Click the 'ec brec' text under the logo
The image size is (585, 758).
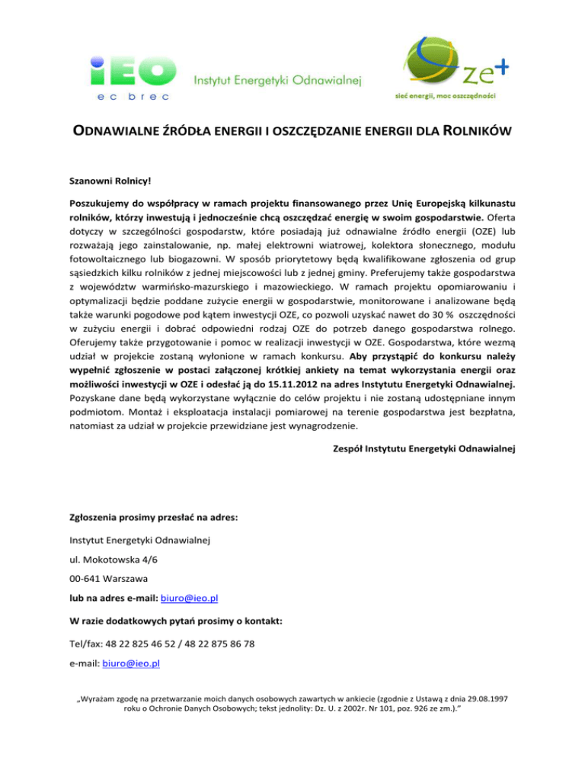pyautogui.click(x=133, y=96)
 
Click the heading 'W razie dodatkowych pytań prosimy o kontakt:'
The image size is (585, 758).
pyautogui.click(x=176, y=621)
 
